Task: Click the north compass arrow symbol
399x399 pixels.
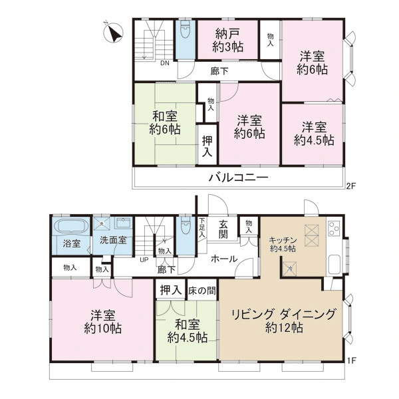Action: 114,31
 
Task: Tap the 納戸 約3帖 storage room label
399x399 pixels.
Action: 228,39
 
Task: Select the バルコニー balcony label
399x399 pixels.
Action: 238,178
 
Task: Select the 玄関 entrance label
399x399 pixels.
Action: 223,229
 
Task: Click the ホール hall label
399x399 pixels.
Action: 224,259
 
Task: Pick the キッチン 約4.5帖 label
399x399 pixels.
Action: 286,244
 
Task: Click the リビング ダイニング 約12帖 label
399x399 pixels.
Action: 284,321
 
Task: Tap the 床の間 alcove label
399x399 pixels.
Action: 201,290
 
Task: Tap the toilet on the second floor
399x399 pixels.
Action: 185,31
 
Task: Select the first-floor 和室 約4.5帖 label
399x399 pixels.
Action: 187,331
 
